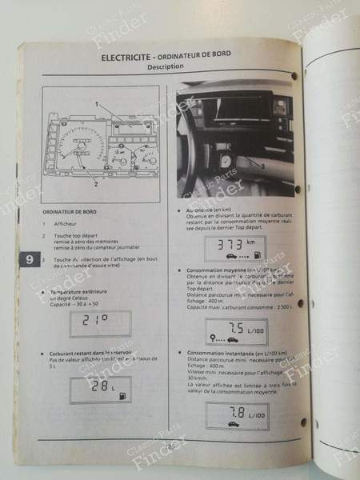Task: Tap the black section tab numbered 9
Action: (29, 260)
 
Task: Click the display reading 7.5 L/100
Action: (232, 332)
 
